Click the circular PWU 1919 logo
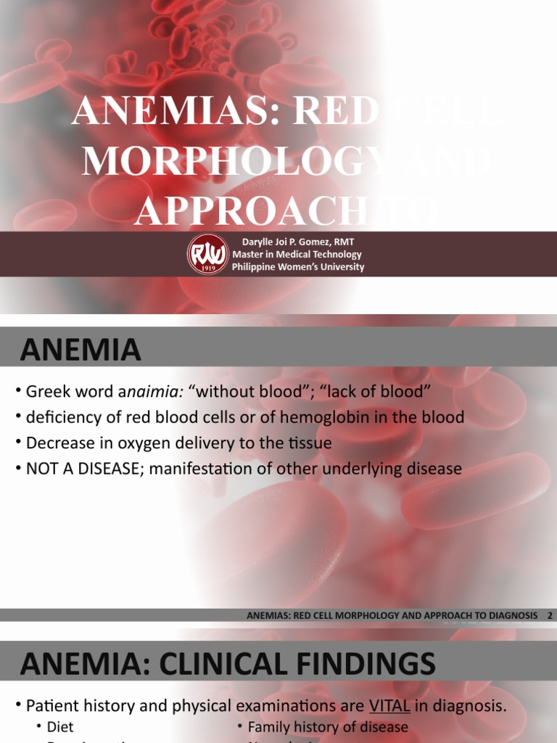coord(208,255)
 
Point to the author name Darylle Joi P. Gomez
coord(293,242)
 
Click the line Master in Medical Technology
coord(297,254)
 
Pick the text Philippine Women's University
coord(298,266)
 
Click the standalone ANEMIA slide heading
coord(81,350)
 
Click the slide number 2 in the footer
coord(550,615)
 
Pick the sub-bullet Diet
coord(60,726)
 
